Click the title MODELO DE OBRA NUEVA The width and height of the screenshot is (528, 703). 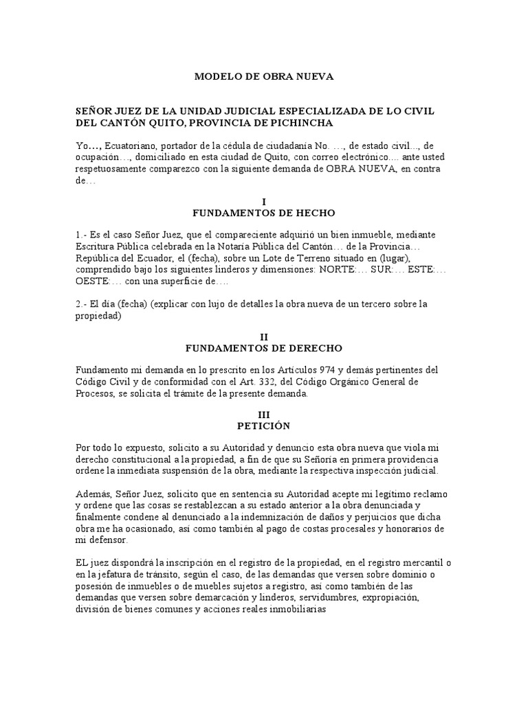(x=264, y=77)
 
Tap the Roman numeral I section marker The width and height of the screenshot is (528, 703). (x=264, y=200)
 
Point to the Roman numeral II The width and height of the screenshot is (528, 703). (x=264, y=336)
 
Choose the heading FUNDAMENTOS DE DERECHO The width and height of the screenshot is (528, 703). (x=264, y=348)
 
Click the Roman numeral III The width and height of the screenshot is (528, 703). (x=264, y=415)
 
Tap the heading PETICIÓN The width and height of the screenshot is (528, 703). (x=264, y=426)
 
